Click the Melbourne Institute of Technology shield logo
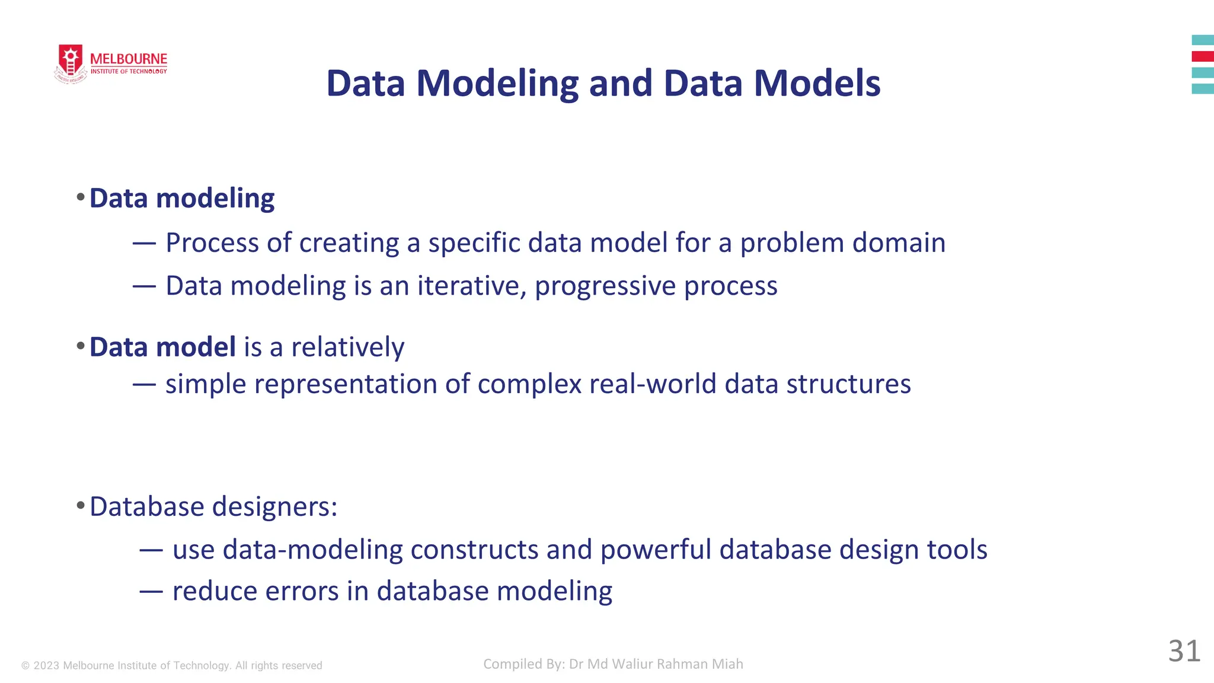click(71, 62)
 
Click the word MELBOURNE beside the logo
click(129, 59)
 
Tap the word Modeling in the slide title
click(497, 83)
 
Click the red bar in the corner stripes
click(1202, 56)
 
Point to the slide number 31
click(1184, 651)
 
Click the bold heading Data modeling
click(182, 198)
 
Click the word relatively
click(348, 347)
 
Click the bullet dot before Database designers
click(81, 506)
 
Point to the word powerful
click(656, 550)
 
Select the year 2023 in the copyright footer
click(46, 666)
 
